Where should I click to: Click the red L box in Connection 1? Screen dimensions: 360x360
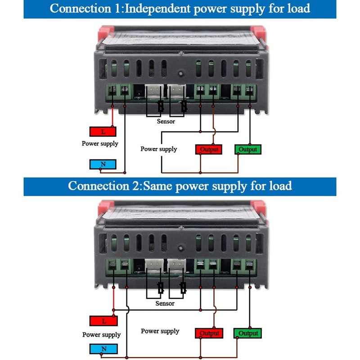click(103, 131)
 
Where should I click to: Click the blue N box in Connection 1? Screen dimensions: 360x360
click(103, 164)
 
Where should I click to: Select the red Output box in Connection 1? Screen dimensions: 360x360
click(209, 149)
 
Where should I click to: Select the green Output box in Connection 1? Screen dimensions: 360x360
click(248, 149)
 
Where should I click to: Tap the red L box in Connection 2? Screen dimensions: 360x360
click(104, 321)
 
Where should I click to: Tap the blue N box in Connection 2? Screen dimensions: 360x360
click(104, 349)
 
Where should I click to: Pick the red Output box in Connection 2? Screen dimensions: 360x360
click(209, 333)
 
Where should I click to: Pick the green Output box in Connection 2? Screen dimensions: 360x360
click(248, 333)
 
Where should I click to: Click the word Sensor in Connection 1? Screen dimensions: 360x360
click(166, 121)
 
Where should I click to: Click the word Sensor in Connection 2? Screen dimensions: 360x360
click(165, 303)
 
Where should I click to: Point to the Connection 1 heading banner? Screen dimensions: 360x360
click(180, 9)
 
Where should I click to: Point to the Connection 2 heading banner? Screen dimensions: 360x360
click(180, 186)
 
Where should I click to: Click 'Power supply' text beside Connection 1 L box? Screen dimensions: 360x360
click(100, 144)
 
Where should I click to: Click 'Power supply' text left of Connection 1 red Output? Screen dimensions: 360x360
click(159, 149)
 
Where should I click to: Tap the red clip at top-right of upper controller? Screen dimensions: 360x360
click(258, 32)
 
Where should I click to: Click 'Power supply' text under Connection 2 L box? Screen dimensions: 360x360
click(102, 335)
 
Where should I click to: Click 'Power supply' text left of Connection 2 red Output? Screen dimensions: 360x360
click(160, 331)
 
